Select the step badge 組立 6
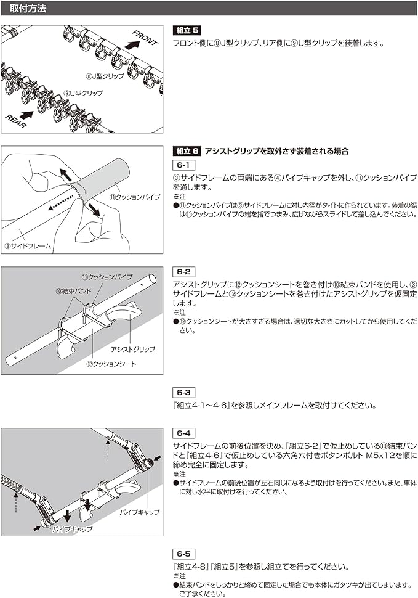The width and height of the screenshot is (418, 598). pos(188,151)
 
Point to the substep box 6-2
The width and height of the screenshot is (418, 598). pos(184,271)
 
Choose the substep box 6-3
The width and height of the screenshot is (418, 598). pos(184,392)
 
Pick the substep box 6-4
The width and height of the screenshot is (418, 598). pos(184,433)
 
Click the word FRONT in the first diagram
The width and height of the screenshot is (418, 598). pos(145,38)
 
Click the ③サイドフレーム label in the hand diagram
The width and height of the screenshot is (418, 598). pos(28,245)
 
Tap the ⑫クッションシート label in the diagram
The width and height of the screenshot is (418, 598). pos(111,364)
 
